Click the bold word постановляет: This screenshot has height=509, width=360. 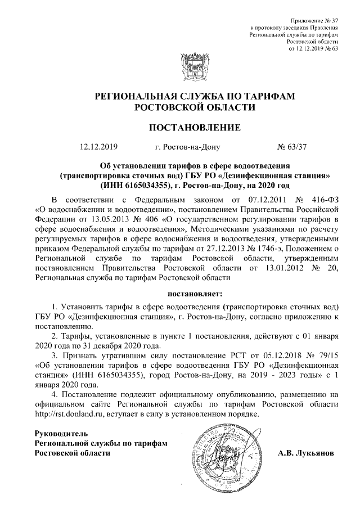pyautogui.click(x=195, y=294)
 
